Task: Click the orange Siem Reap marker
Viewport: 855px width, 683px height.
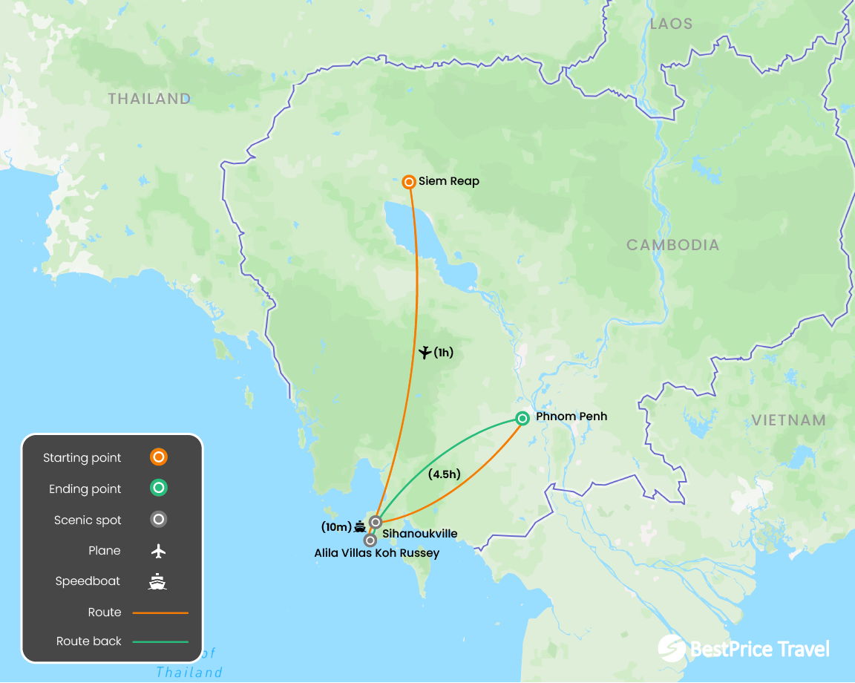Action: tap(408, 182)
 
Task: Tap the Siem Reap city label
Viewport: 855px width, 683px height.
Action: tap(449, 181)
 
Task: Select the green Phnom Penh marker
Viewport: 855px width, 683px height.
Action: tap(522, 418)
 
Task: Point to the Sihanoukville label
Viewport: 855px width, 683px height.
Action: tap(419, 533)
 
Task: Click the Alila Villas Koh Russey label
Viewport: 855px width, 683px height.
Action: tap(376, 553)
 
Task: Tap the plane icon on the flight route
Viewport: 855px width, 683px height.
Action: tap(425, 353)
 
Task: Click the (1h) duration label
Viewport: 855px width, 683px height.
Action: tap(443, 353)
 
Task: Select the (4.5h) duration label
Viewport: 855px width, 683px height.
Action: tap(445, 474)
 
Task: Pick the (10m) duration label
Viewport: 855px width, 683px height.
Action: tap(336, 527)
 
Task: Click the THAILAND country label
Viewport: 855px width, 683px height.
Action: tap(149, 99)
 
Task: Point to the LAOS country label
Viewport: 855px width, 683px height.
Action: tap(671, 24)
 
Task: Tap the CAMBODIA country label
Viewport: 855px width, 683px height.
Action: tap(672, 245)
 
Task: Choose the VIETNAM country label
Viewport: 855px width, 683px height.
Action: tap(788, 420)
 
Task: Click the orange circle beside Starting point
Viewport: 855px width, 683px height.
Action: tap(158, 457)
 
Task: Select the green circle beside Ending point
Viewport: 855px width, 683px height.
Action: tap(158, 488)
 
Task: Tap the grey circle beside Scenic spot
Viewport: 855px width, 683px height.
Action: tap(158, 520)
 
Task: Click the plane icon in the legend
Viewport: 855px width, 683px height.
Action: tap(157, 551)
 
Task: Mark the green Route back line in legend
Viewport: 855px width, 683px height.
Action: tap(160, 641)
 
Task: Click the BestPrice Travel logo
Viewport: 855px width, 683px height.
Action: tap(743, 648)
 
